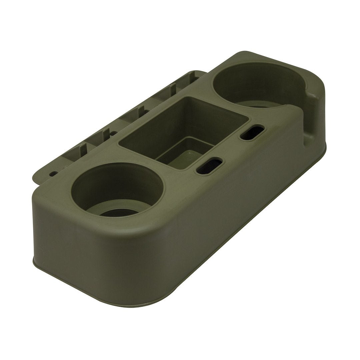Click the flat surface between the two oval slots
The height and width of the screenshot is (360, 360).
[x=230, y=150]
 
